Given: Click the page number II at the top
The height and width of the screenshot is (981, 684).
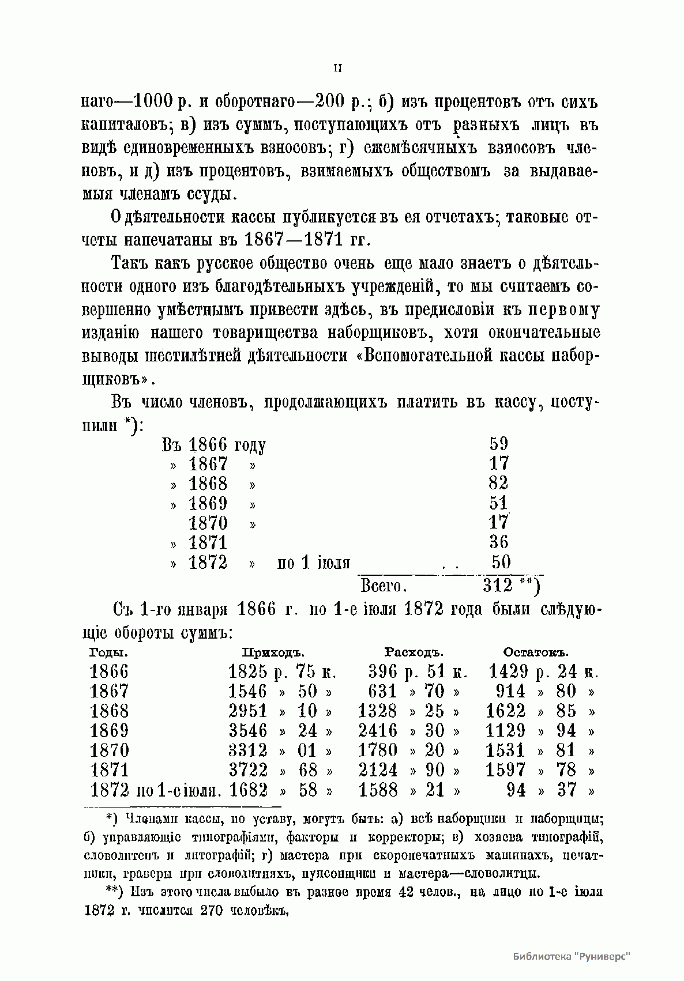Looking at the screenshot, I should (x=338, y=68).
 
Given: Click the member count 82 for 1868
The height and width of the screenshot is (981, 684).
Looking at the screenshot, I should (x=498, y=483).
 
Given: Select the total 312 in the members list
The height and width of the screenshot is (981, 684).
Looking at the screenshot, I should (x=498, y=586).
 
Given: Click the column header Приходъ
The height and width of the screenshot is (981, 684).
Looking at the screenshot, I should (x=273, y=652).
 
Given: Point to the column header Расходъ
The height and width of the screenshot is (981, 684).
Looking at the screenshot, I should (x=414, y=652).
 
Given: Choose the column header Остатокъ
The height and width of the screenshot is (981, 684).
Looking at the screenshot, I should (x=536, y=652).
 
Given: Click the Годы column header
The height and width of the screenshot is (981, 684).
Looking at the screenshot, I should (x=109, y=652).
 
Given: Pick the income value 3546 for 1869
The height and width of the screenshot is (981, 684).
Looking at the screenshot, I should (x=248, y=731).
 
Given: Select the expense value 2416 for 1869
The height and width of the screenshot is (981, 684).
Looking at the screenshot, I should (x=378, y=731).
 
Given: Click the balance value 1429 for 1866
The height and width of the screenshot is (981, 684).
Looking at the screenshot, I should (x=508, y=671).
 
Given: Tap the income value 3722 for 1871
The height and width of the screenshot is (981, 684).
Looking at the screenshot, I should (x=248, y=770).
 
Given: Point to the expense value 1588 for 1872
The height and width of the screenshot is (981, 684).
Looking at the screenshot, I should (x=378, y=790).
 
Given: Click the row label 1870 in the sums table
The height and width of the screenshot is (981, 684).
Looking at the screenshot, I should (x=110, y=750).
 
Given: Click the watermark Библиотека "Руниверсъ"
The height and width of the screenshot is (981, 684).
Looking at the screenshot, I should (x=572, y=956).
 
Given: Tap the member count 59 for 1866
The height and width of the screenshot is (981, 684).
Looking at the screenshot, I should (x=498, y=444).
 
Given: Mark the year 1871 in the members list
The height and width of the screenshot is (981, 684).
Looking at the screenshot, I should (x=208, y=542).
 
